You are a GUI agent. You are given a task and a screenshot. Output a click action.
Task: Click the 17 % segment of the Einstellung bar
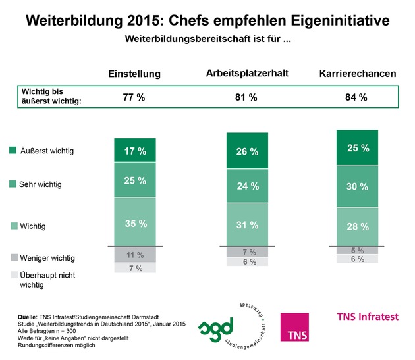(x=135, y=151)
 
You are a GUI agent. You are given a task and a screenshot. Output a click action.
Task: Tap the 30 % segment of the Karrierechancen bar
(x=357, y=186)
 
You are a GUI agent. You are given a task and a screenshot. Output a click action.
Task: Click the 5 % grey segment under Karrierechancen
(x=357, y=250)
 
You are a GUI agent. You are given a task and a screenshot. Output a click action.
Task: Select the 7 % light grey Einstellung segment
(x=135, y=268)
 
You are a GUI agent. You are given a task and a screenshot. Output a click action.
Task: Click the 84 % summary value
(x=356, y=97)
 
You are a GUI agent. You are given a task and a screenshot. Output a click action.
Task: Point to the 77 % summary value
(x=134, y=97)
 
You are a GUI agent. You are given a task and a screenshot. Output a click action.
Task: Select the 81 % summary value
(x=245, y=97)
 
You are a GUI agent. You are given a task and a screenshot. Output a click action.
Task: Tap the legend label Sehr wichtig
(x=40, y=184)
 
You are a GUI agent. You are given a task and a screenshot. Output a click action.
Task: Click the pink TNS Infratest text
(x=368, y=317)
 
